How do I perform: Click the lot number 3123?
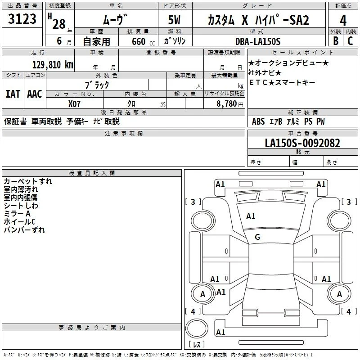pos(22,19)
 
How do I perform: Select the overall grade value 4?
pos(343,21)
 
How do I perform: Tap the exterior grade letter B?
pos(336,41)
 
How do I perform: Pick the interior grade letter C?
pos(350,41)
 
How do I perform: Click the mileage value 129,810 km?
pos(53,65)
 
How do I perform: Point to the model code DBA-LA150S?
pos(258,41)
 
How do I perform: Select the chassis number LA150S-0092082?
pos(302,143)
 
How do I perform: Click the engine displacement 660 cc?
pos(143,42)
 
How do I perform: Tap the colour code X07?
pos(74,104)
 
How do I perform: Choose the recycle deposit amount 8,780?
pos(227,104)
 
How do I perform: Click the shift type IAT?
pos(13,94)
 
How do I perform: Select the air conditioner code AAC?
pos(35,94)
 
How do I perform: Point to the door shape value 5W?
pos(174,20)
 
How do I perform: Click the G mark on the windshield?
pos(257,237)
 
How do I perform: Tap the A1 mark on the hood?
pos(251,216)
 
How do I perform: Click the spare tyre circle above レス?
pos(197,328)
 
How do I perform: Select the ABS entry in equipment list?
pos(258,121)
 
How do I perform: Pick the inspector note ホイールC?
pos(19,222)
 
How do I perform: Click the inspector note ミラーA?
pos(17,214)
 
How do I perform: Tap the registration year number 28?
pos(59,24)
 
